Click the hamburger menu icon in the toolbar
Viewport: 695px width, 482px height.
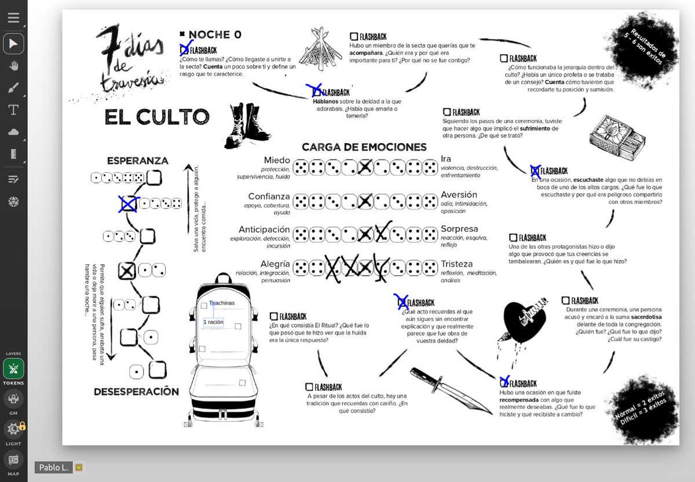(13, 17)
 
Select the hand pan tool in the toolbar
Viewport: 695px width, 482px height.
(13, 65)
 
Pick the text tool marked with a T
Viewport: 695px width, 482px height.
(13, 109)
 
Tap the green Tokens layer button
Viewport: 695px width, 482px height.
(13, 369)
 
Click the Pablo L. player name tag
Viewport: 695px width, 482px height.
(53, 467)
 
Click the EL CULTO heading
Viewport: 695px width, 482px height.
(156, 117)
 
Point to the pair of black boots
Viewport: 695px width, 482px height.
(240, 125)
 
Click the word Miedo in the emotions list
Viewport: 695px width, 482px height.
(276, 160)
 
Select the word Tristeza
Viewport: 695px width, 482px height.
(456, 264)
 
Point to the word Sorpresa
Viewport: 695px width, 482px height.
(459, 229)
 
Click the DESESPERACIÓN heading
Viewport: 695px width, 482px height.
(136, 392)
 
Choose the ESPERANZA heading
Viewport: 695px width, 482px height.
(137, 160)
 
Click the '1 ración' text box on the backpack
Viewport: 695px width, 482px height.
(213, 322)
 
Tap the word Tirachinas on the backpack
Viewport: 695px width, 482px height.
(222, 303)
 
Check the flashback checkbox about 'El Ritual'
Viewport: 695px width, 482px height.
(274, 317)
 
